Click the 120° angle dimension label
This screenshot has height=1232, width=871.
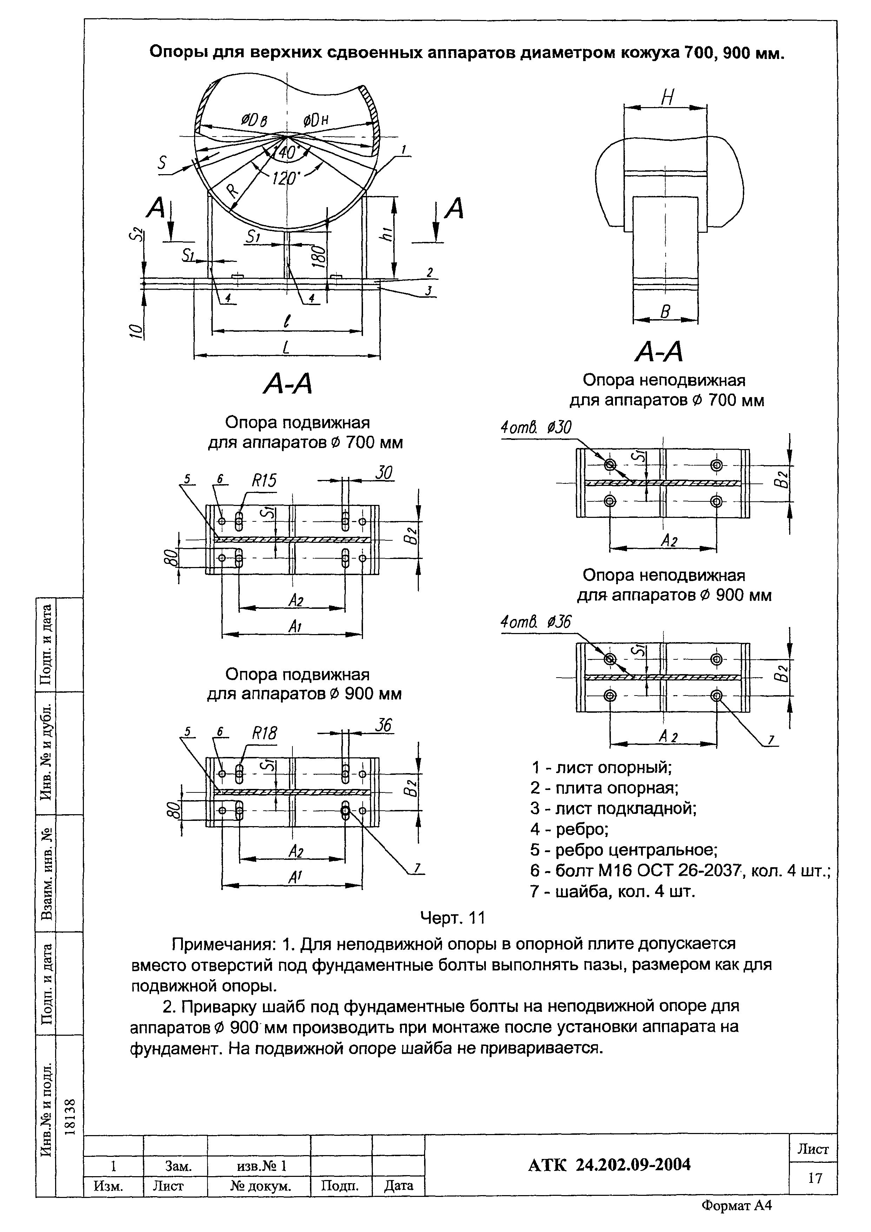pyautogui.click(x=284, y=177)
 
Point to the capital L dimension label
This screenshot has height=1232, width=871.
pyautogui.click(x=286, y=347)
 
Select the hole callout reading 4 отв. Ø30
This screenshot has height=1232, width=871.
pyautogui.click(x=536, y=428)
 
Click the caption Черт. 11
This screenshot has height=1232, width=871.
pyautogui.click(x=453, y=918)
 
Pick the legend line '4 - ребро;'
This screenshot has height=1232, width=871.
pyautogui.click(x=569, y=830)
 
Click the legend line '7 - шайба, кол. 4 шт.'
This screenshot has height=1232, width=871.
pyautogui.click(x=612, y=891)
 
